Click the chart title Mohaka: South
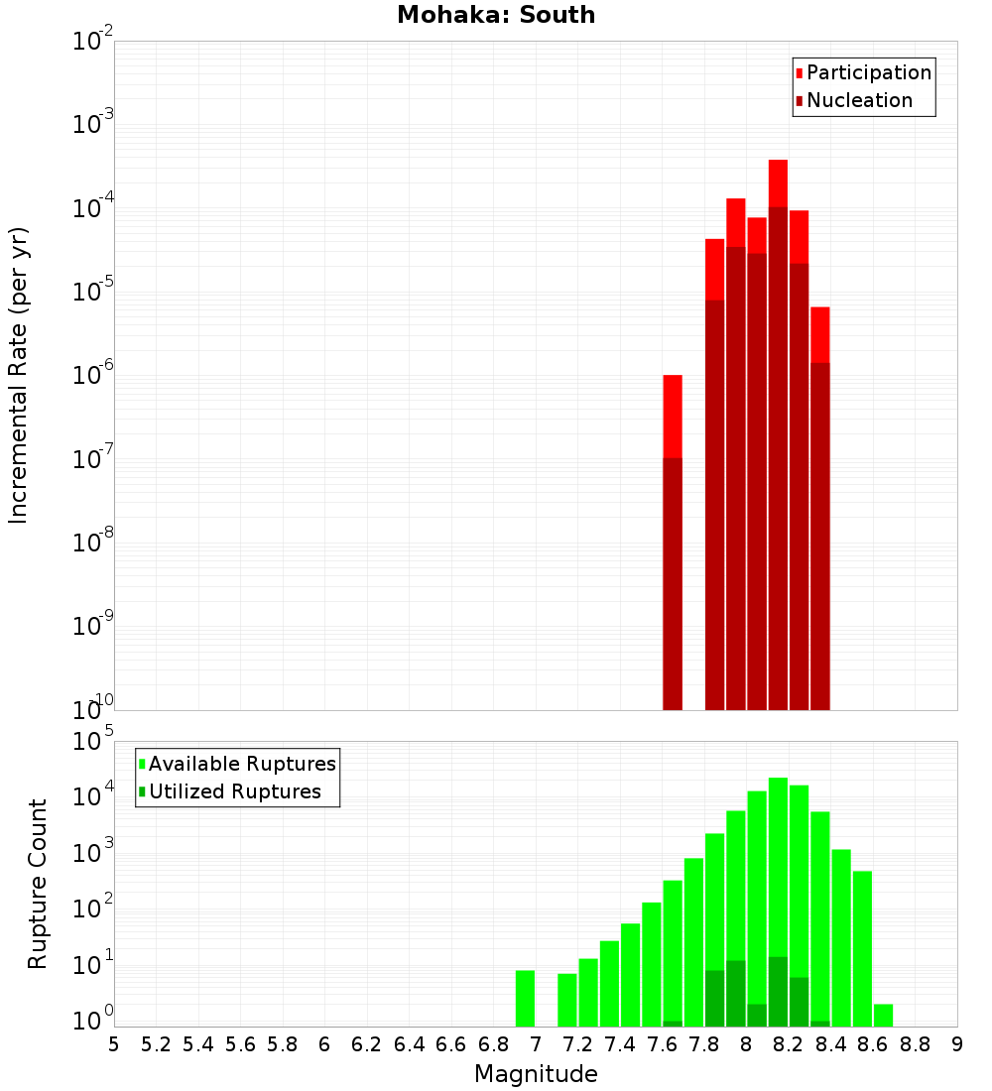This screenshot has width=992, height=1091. pyautogui.click(x=496, y=15)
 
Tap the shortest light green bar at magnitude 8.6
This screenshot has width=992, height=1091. pyautogui.click(x=883, y=1015)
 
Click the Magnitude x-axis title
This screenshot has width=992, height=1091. pyautogui.click(x=536, y=1074)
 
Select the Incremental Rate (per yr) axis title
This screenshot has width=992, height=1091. pyautogui.click(x=19, y=375)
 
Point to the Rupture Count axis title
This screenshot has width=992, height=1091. pyautogui.click(x=38, y=884)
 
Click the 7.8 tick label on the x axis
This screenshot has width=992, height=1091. pyautogui.click(x=704, y=1044)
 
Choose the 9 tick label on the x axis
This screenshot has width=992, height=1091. pyautogui.click(x=957, y=1044)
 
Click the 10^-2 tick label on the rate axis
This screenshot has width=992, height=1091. pyautogui.click(x=93, y=42)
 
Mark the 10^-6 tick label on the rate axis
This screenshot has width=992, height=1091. pyautogui.click(x=93, y=376)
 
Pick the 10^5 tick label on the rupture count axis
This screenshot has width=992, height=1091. pyautogui.click(x=93, y=741)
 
